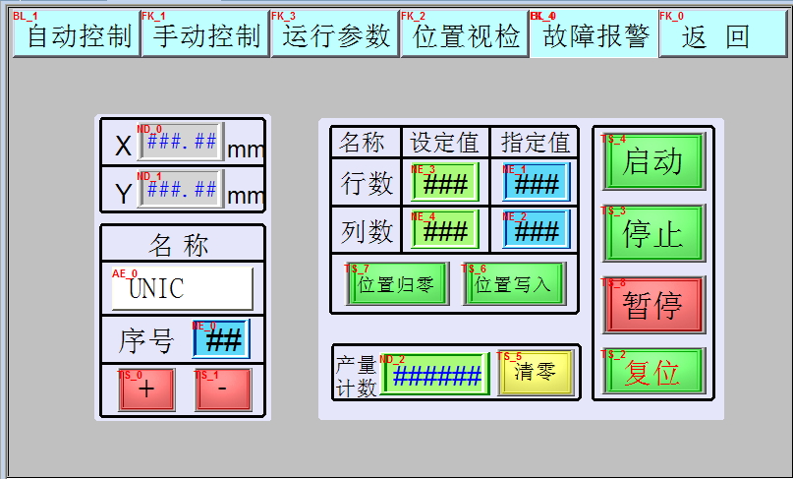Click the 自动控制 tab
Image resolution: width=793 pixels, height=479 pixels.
[76, 35]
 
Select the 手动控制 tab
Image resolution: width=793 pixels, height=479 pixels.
[205, 35]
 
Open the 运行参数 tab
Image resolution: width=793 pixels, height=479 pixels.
[335, 35]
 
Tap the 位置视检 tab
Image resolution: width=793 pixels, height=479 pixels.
[465, 35]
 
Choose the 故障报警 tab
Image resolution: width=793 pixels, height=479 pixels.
[594, 35]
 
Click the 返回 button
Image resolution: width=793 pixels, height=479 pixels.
[722, 35]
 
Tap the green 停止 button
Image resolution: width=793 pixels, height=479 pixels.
[653, 233]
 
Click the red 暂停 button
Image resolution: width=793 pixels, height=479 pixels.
[653, 304]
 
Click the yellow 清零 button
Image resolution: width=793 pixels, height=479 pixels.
[536, 372]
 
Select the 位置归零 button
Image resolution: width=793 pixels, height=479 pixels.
[397, 284]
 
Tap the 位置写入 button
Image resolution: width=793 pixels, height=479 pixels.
[514, 284]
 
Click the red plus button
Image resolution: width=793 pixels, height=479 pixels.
[146, 389]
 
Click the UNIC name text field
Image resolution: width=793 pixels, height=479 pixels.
[182, 288]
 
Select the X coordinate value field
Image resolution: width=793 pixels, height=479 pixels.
[181, 142]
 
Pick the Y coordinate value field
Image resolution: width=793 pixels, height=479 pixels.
[181, 188]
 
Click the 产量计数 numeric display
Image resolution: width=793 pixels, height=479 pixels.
[434, 374]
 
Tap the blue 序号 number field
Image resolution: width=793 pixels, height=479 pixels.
[222, 339]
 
